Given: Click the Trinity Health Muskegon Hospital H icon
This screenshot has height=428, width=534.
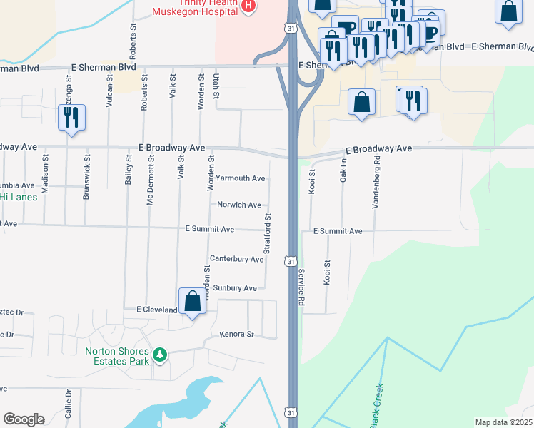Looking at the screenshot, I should point(248,6).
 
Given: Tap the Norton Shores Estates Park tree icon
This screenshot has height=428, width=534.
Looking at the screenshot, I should point(161,355).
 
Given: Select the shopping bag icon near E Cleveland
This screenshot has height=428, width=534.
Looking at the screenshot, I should point(193,301).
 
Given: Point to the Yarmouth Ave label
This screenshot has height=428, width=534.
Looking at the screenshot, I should point(241,178).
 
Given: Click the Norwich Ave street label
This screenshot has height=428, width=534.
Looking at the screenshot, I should point(239,205).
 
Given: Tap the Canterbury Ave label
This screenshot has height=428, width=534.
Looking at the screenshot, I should point(236,259).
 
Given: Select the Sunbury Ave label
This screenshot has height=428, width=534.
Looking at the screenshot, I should point(235,288).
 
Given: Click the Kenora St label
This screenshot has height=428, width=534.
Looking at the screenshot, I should point(237,334).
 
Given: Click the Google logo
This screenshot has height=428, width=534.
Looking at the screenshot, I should point(24,419).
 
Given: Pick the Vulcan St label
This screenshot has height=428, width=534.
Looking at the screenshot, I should point(109,90).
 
